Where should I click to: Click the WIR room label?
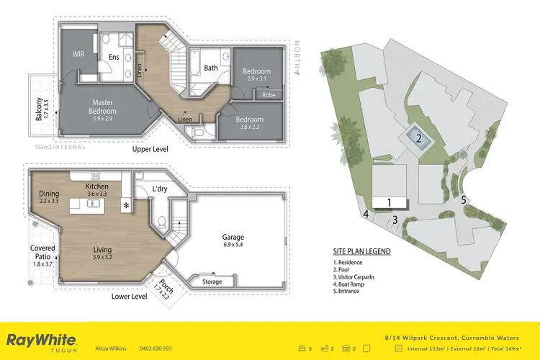78,53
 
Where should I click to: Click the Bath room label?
211,68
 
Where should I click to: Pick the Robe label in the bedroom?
268,94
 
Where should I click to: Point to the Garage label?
233,237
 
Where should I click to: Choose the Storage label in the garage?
212,282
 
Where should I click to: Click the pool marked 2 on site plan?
418,138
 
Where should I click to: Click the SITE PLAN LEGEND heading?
362,251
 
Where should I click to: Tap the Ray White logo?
42,341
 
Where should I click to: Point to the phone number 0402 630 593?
156,347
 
